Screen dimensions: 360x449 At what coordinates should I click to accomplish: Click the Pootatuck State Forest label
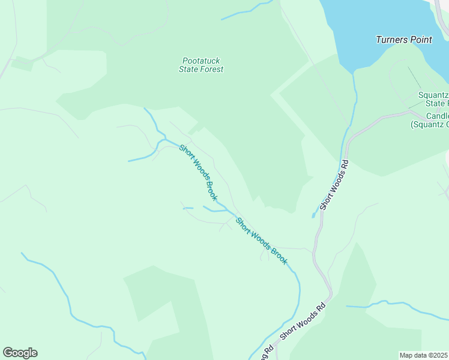pos(201,65)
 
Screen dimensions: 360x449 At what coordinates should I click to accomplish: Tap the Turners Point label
pos(404,40)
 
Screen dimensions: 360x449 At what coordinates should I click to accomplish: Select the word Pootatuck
pos(200,60)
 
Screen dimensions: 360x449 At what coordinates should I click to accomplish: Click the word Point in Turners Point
pos(421,40)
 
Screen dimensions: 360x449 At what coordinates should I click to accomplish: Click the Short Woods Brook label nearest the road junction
pos(262,241)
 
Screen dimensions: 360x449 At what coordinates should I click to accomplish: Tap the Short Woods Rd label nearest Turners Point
pos(334,184)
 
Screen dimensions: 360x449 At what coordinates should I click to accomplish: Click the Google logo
pos(20,353)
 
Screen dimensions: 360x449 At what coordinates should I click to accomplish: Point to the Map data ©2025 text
pos(424,355)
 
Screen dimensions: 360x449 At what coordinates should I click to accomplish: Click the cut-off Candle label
pos(438,116)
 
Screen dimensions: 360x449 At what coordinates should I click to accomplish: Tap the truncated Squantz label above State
pos(433,95)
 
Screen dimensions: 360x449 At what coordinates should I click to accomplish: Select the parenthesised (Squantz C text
pos(430,125)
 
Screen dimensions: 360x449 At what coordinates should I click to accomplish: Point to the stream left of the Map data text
pos(396,307)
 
